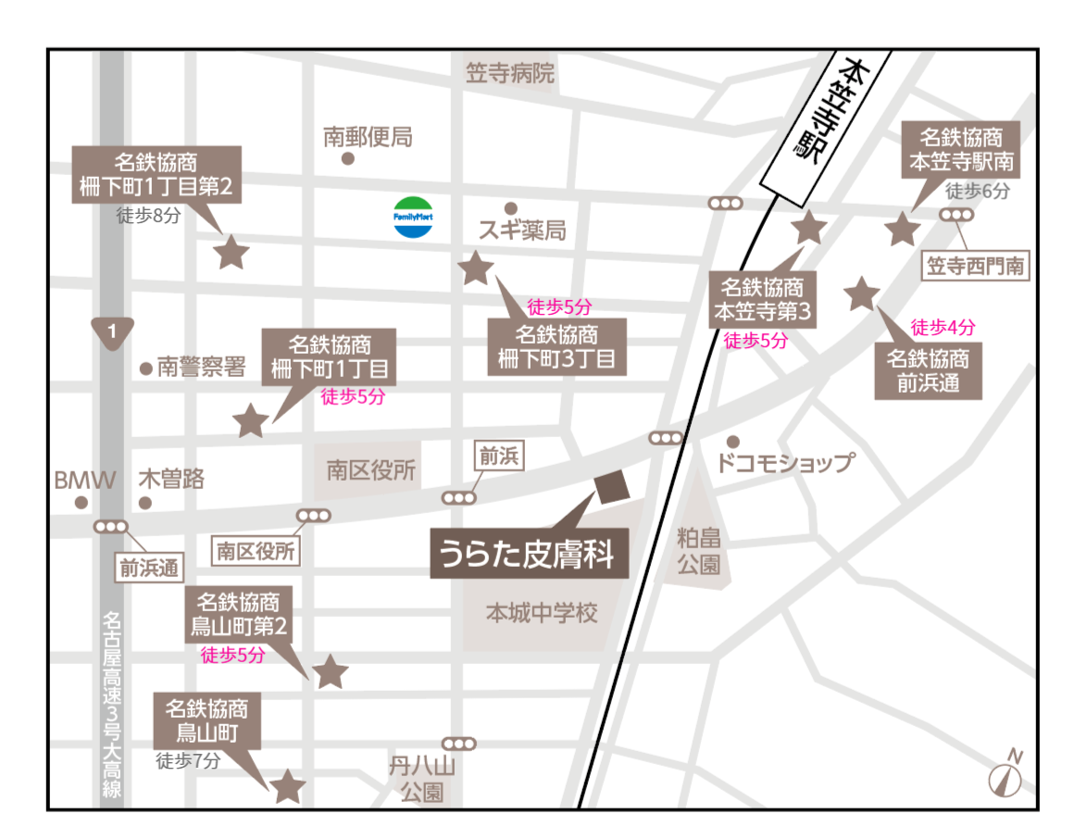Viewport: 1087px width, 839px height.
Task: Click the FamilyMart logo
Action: point(412,218)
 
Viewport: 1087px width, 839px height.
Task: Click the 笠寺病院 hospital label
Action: point(510,73)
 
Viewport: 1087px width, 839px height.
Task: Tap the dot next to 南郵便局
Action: point(348,158)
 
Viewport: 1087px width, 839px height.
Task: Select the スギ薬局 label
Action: point(521,230)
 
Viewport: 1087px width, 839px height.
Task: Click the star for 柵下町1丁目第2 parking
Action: point(231,252)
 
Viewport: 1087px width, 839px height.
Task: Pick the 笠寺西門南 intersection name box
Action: point(975,267)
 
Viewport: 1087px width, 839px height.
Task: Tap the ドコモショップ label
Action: point(784,463)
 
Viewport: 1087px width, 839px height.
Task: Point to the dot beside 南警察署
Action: point(145,369)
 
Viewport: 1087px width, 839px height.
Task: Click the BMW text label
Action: point(84,480)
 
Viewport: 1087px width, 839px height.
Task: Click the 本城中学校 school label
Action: point(542,612)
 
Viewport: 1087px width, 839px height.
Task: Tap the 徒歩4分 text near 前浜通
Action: point(943,327)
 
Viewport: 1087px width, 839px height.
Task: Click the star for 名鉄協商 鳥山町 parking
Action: point(287,787)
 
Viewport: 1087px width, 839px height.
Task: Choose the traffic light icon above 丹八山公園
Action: point(458,744)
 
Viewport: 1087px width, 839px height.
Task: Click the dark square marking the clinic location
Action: point(612,486)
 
